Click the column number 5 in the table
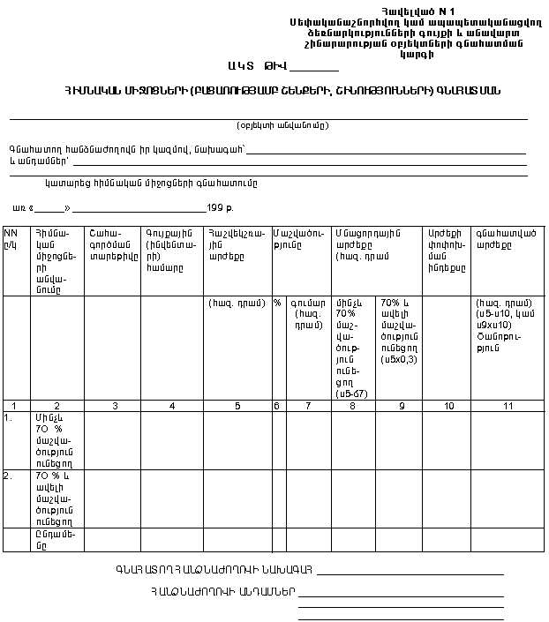(237, 405)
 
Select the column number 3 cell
(112, 405)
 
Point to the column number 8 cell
(353, 405)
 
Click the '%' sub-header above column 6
(277, 303)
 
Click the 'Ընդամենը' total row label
(54, 538)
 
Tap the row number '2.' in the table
(8, 475)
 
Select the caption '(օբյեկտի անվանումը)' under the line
(282, 125)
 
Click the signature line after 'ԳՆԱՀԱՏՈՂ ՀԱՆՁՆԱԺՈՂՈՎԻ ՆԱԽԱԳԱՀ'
(410, 573)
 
